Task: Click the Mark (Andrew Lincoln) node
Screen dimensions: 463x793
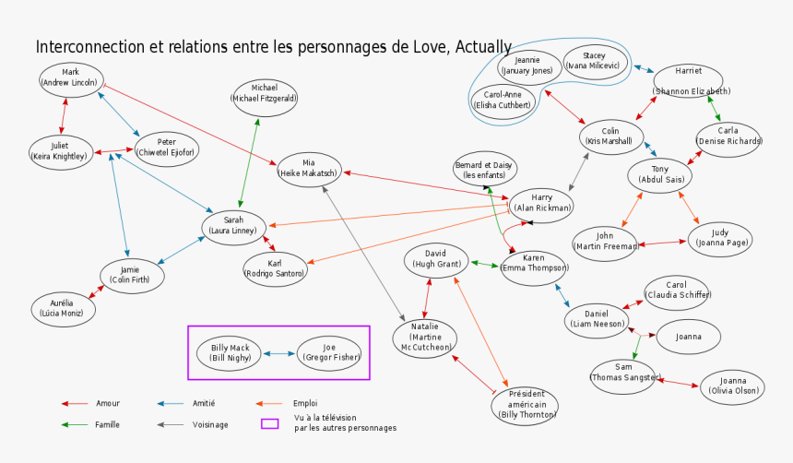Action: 71,77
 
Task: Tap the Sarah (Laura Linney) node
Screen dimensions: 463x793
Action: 234,226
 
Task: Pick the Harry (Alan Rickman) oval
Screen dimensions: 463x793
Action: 542,203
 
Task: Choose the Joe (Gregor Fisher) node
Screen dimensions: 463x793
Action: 329,353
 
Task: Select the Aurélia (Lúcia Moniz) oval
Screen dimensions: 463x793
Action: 61,308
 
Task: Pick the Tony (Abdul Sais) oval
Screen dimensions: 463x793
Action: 660,174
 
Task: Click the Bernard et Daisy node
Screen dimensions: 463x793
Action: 484,169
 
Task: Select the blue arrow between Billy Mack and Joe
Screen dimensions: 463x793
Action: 279,353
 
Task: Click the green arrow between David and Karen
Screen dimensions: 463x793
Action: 485,264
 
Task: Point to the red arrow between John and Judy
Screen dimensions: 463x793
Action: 662,243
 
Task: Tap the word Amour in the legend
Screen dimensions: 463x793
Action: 108,403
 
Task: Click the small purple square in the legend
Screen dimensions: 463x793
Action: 269,424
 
